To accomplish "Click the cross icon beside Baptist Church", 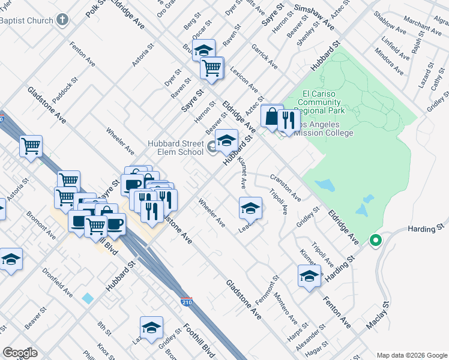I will coord(62,20).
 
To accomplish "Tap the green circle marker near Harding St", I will coord(376,241).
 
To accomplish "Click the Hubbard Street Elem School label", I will coord(176,147).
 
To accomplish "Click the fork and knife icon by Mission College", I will coord(289,121).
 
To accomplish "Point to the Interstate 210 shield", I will coord(187,302).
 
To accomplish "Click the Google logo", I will coord(20,353).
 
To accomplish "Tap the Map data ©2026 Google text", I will coord(411,355).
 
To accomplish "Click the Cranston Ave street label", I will coord(285,187).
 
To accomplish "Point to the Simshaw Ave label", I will coord(313,17).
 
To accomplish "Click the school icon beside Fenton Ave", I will coord(309,276).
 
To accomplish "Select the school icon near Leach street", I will coord(250,208).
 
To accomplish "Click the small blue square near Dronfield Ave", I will coord(89,298).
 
